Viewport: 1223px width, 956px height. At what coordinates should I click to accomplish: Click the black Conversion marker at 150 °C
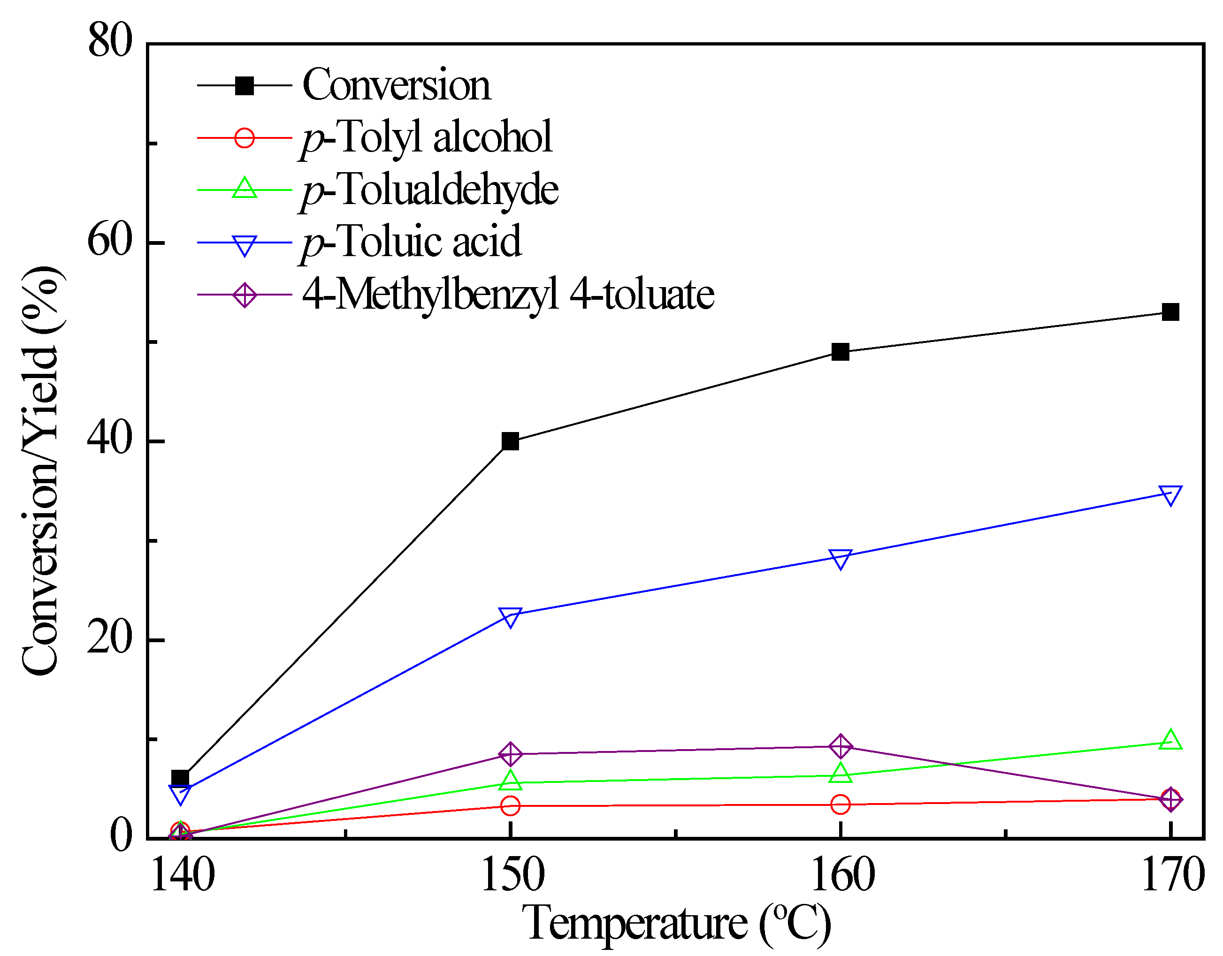[x=510, y=441]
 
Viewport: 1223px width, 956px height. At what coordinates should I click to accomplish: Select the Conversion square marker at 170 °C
[x=1170, y=312]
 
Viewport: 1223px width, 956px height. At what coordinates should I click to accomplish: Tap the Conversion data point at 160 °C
[x=840, y=352]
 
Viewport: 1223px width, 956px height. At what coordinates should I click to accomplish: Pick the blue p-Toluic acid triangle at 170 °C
[x=1170, y=495]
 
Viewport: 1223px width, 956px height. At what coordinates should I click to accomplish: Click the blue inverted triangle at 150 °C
[x=510, y=617]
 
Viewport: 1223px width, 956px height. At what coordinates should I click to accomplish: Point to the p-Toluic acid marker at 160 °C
[x=840, y=558]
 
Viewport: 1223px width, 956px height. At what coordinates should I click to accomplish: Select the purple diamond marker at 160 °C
[x=840, y=746]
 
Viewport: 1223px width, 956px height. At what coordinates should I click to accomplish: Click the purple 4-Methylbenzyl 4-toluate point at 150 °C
[x=510, y=754]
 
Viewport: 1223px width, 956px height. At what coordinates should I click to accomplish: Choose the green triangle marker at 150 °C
[x=510, y=780]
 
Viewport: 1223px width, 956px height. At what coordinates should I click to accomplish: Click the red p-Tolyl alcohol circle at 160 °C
[x=840, y=804]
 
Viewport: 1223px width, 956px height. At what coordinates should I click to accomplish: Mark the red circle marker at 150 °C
[x=510, y=805]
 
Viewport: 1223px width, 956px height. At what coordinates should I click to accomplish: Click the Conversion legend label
[x=397, y=85]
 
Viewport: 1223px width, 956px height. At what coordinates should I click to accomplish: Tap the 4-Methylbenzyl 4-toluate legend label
[x=508, y=295]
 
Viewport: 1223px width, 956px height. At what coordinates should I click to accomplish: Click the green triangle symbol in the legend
[x=245, y=189]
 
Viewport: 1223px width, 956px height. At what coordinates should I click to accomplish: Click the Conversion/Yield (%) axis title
[x=40, y=470]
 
